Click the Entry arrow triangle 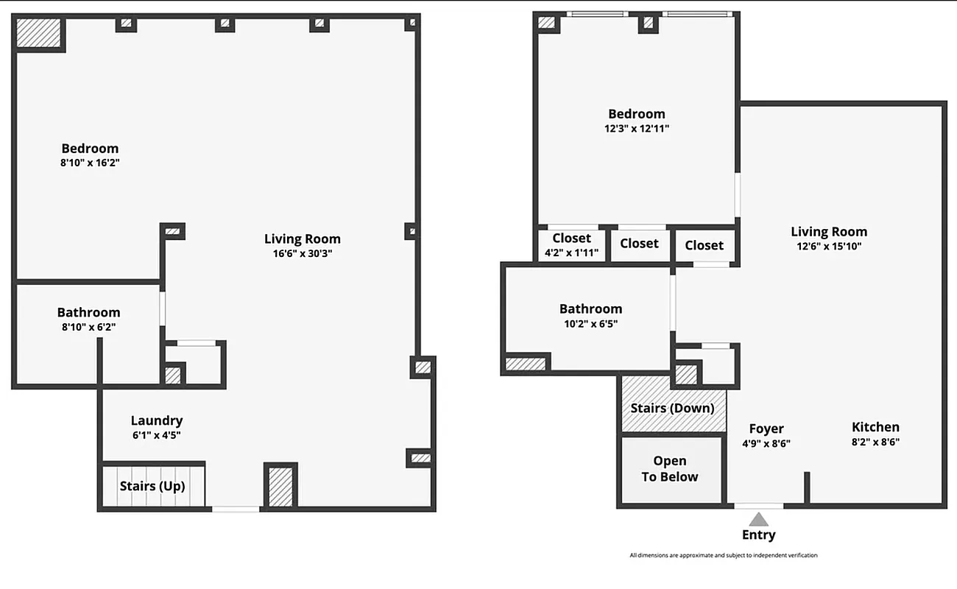click(x=759, y=519)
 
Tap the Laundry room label click(x=157, y=420)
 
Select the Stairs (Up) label click(x=152, y=487)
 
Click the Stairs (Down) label click(x=673, y=408)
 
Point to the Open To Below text click(x=670, y=469)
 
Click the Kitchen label click(x=875, y=427)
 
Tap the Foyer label click(x=766, y=428)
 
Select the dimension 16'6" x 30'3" click(x=303, y=253)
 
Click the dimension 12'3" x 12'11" click(x=637, y=128)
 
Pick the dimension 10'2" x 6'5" click(x=590, y=323)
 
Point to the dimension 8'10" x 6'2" click(x=88, y=327)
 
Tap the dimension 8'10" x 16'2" click(x=90, y=163)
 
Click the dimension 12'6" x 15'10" click(x=829, y=247)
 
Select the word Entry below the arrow click(x=758, y=535)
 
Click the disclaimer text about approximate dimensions click(x=723, y=555)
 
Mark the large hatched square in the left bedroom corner click(x=38, y=32)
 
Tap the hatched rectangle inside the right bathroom click(x=526, y=363)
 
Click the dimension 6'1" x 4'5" click(x=156, y=435)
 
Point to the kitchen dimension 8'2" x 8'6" click(x=875, y=442)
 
